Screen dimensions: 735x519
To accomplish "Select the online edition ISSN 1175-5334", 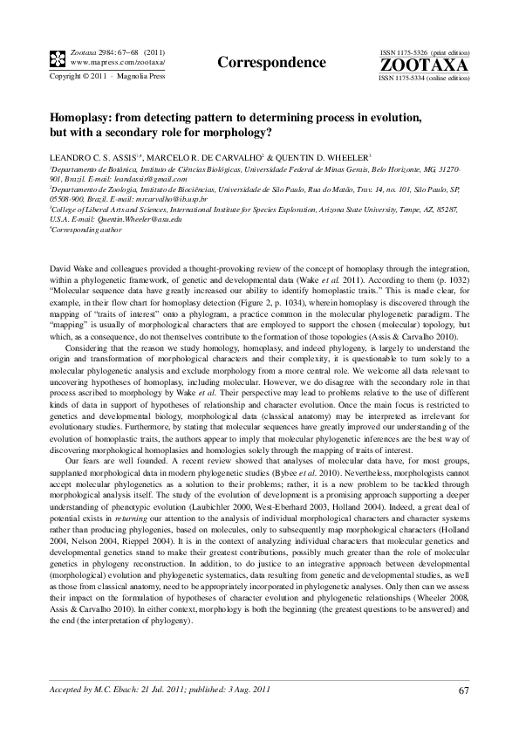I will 410,78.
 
